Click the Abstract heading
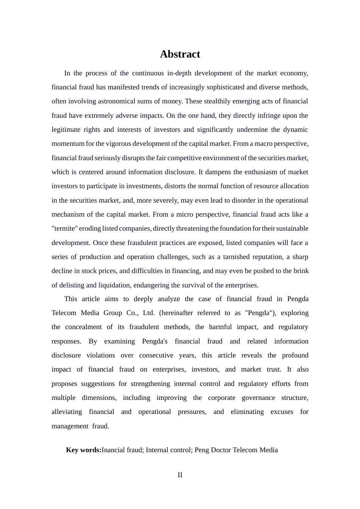tap(180, 54)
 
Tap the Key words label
tap(83, 450)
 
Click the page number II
tap(180, 475)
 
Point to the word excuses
tap(282, 412)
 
